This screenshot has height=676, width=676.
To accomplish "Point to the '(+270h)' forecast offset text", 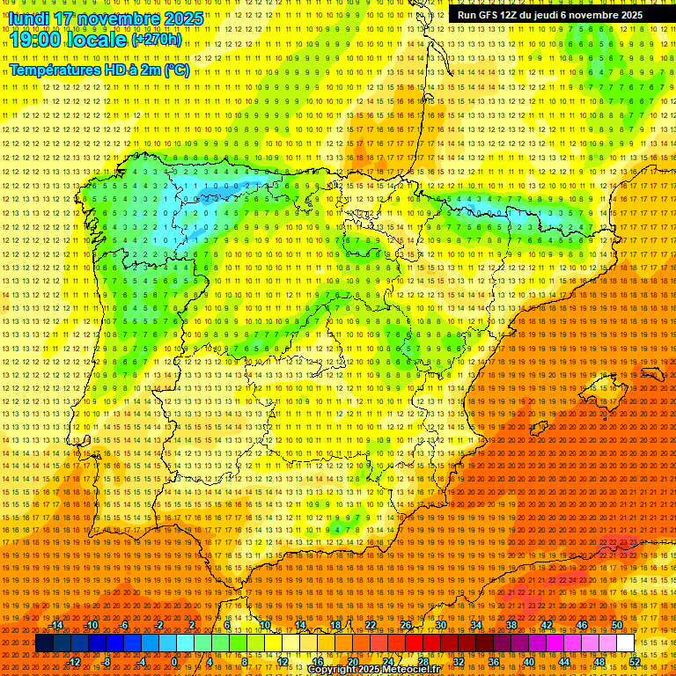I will [157, 40].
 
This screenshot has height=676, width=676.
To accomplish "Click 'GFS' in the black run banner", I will [487, 15].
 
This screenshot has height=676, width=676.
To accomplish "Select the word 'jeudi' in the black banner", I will [541, 15].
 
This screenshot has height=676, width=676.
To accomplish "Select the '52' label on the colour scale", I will [635, 661].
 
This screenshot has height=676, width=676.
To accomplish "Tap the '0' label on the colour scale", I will [175, 661].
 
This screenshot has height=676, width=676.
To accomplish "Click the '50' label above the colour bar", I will [616, 626].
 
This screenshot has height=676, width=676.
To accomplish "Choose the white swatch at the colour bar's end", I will [625, 643].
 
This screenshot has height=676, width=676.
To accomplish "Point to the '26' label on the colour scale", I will [405, 626].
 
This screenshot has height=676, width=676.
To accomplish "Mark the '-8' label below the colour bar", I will [107, 661].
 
